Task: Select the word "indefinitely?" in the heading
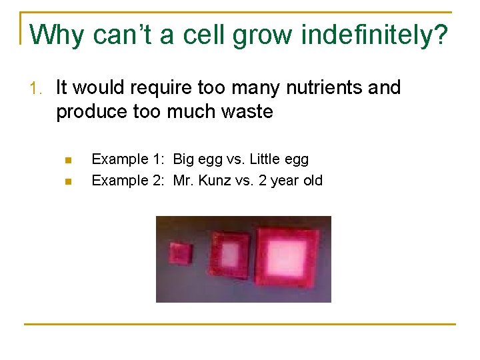(375, 35)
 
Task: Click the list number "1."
(38, 88)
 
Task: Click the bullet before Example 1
(67, 160)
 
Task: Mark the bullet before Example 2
(67, 181)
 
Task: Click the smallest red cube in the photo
(180, 253)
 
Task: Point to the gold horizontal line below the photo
(240, 324)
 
